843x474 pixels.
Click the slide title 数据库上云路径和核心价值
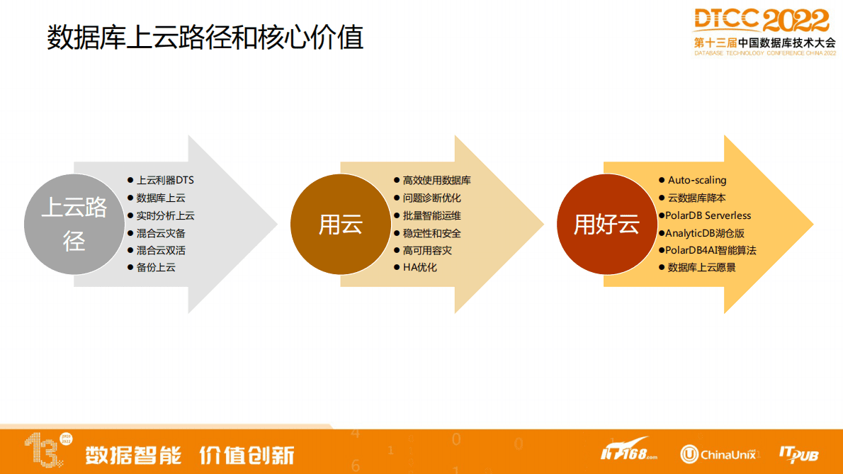[x=205, y=37]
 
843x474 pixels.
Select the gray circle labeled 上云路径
[x=74, y=224]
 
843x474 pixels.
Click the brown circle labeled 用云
[x=341, y=224]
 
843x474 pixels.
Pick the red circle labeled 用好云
[x=606, y=224]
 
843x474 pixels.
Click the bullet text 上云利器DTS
[x=165, y=181]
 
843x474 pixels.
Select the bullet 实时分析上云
[x=165, y=215]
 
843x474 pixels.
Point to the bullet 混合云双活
[x=161, y=250]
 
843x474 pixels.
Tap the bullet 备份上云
[x=156, y=268]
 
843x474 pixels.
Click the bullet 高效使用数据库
[x=436, y=181]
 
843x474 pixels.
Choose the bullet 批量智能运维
[x=431, y=215]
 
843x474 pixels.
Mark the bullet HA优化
[x=420, y=268]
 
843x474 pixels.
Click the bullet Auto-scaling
[x=696, y=181]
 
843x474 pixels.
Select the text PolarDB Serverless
[x=708, y=215]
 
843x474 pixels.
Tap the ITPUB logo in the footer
[x=798, y=453]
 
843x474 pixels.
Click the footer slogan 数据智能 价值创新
[x=190, y=455]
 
